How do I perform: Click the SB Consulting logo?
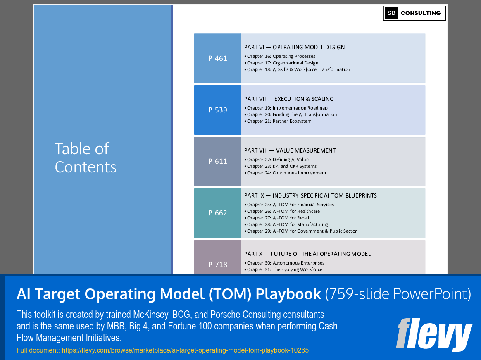[414, 13]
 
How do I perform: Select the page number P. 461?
[218, 58]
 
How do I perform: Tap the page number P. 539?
[218, 110]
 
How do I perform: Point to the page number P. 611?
[218, 161]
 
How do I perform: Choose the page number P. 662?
[218, 213]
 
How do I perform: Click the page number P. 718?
[218, 264]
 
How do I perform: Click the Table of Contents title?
[86, 157]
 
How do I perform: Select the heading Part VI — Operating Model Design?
[294, 47]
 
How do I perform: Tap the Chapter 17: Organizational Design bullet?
[283, 63]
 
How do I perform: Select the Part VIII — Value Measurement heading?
[290, 150]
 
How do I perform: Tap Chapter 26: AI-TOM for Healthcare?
[283, 211]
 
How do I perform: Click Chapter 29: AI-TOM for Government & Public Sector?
[302, 231]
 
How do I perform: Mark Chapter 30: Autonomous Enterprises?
[286, 263]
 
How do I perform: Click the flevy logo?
[433, 334]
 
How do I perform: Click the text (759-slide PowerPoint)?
[398, 294]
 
